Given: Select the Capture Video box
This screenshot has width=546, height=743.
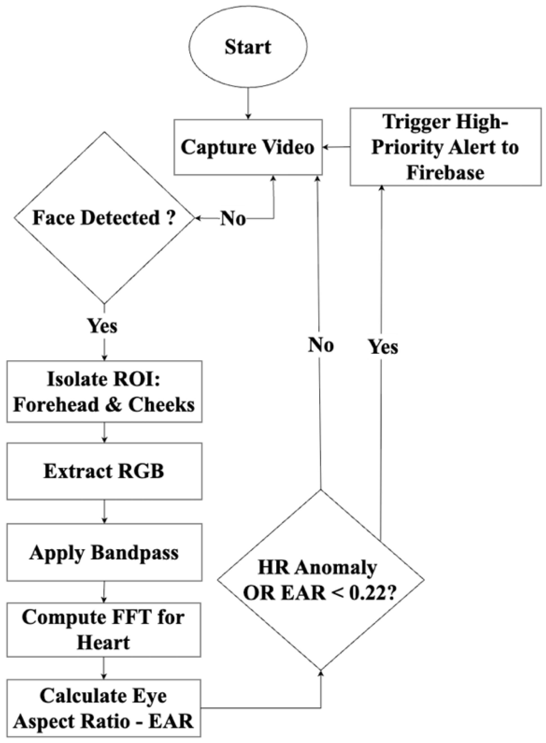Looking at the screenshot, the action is click(248, 147).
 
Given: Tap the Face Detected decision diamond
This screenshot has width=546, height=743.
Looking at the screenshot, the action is click(104, 218).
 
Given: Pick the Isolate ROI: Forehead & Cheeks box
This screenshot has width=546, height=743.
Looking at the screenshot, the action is click(104, 391).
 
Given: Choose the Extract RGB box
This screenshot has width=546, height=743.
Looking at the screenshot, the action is click(104, 471).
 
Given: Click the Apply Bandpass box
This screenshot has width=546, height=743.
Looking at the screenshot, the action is click(104, 552).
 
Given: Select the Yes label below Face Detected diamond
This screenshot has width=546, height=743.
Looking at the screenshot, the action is click(102, 325).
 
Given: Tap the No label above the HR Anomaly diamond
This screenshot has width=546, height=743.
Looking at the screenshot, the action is click(321, 345).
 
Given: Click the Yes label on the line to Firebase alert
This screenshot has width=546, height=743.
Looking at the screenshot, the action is click(383, 347).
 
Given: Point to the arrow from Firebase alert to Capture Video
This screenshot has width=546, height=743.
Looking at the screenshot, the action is click(336, 147).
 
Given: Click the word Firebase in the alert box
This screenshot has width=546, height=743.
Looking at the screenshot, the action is click(445, 173).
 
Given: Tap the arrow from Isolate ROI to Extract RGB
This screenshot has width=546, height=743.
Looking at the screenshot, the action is click(104, 433).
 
